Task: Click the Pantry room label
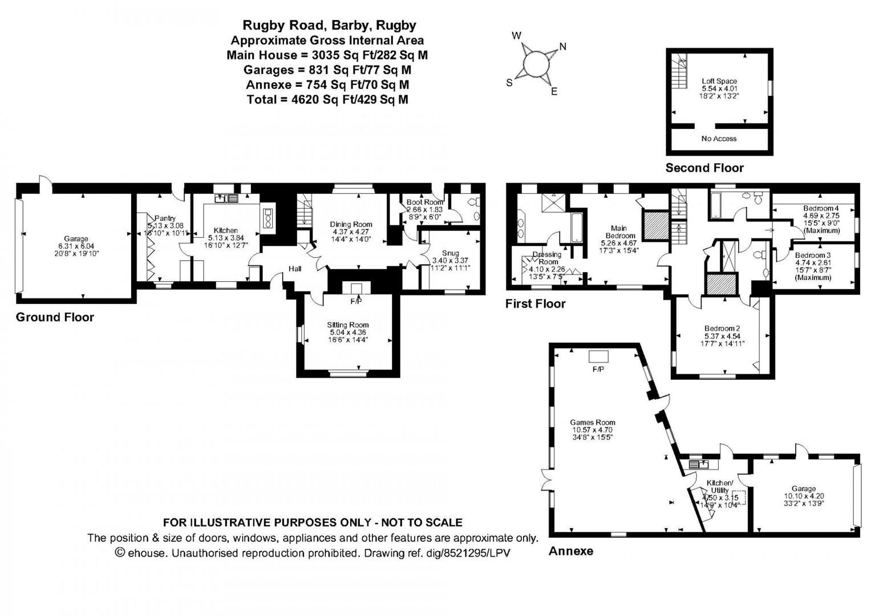tap(165, 218)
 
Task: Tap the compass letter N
tap(562, 47)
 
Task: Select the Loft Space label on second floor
tap(719, 81)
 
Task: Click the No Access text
tap(719, 139)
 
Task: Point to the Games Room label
tap(593, 423)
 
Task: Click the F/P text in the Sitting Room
tap(356, 301)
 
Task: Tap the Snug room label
tap(450, 253)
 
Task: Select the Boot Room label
tap(424, 202)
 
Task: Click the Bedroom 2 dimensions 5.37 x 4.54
tap(722, 336)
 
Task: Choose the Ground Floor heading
tap(55, 317)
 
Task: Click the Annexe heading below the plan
tap(570, 551)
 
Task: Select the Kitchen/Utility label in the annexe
tap(719, 487)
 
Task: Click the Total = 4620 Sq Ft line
tap(327, 99)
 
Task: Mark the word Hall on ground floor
tap(295, 269)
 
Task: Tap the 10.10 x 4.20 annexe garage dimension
tap(803, 496)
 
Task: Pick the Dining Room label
tap(351, 225)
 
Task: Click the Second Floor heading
tap(704, 168)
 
